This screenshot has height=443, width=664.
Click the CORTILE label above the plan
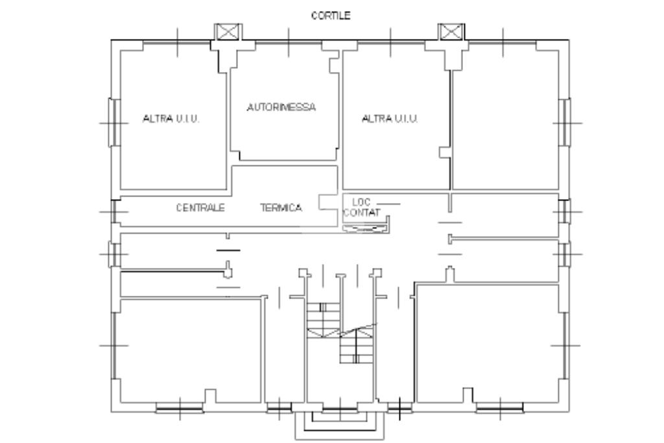click(331, 16)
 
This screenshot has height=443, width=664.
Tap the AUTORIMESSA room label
click(281, 107)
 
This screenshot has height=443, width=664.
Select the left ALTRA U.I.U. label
click(171, 119)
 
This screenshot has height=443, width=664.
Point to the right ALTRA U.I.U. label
click(390, 119)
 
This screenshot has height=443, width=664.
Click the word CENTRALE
click(200, 208)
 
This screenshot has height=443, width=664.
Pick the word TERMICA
click(281, 208)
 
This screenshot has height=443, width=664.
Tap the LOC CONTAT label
click(362, 208)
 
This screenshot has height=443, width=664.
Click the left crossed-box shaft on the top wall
click(228, 32)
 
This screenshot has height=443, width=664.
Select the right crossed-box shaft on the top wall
click(451, 32)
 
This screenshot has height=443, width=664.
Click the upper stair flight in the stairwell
click(323, 320)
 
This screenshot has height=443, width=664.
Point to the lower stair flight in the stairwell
click(357, 346)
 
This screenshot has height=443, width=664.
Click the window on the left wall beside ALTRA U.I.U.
click(114, 123)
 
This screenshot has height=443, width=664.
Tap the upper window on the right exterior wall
click(564, 123)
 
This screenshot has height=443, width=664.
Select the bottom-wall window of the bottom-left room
click(180, 408)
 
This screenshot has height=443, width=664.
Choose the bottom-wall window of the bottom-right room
click(500, 408)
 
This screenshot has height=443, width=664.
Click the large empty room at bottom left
click(191, 351)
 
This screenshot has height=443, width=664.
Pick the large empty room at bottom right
click(488, 343)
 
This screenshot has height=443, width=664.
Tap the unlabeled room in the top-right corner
click(506, 120)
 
